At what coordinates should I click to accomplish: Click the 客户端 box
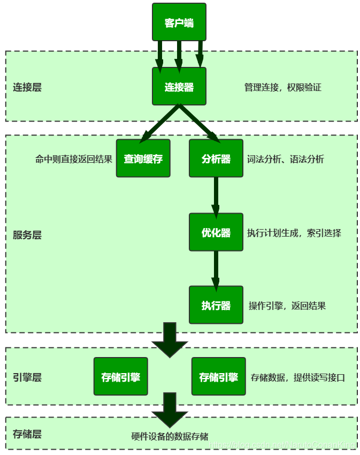point(179,22)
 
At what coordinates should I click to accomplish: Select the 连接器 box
point(179,86)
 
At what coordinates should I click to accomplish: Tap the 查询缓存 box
point(143,158)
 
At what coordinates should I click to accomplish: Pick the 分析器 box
point(216,158)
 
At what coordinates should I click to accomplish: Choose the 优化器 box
point(216,232)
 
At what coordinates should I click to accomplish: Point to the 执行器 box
point(216,305)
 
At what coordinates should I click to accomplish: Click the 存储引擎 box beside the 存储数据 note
point(218,376)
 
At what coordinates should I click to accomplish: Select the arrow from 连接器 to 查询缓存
point(159,124)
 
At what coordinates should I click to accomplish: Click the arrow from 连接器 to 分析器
point(199,124)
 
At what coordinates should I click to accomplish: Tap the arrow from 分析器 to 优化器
point(216,195)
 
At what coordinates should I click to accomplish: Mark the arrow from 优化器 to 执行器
point(216,269)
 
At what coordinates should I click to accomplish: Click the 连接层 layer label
point(27,87)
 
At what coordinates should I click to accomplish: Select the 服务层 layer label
point(27,235)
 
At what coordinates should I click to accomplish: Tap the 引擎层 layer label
point(27,377)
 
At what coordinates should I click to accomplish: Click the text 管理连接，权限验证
point(282,87)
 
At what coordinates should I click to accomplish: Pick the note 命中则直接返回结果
point(74,159)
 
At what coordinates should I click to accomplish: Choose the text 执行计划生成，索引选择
point(294,233)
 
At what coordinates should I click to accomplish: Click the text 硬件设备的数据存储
point(170,436)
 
